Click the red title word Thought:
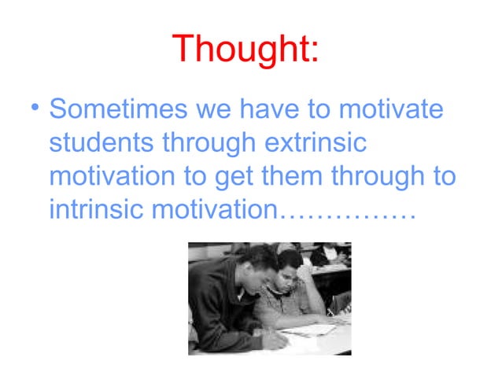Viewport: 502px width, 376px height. [x=245, y=49]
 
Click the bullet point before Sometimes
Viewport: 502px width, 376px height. [x=34, y=109]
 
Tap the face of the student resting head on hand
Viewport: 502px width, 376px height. [x=292, y=271]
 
